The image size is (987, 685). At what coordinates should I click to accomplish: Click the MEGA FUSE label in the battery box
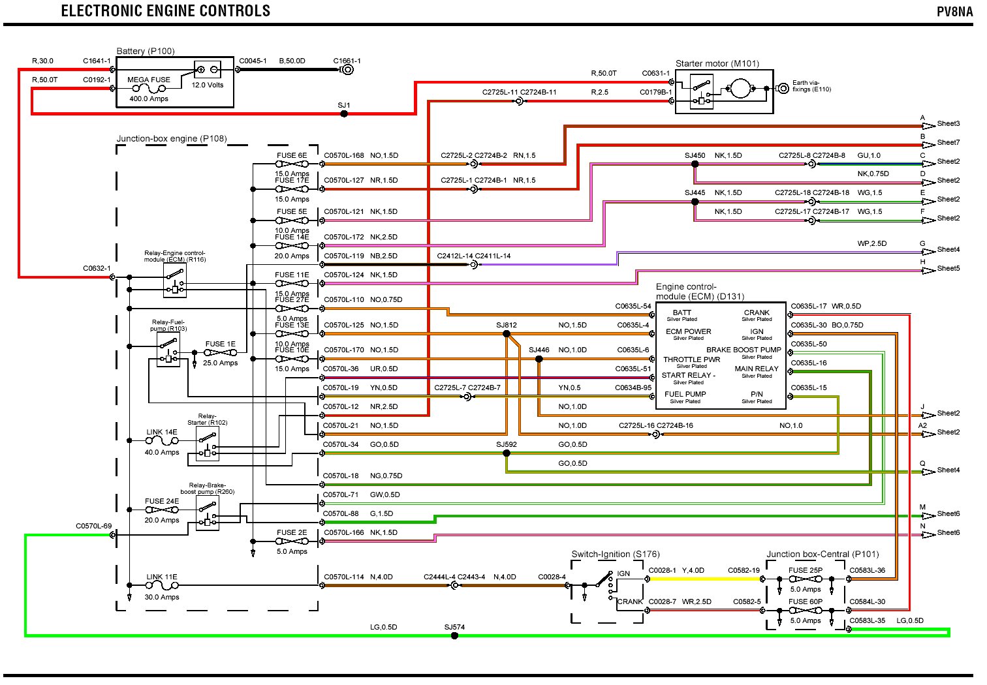[149, 80]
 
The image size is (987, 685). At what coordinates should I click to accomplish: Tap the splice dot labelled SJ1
[344, 114]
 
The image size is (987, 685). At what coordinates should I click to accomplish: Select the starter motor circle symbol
[740, 88]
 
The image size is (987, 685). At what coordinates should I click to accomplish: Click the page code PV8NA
[954, 12]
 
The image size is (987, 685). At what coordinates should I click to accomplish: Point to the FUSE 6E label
[291, 156]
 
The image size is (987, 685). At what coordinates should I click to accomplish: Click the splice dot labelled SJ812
[507, 334]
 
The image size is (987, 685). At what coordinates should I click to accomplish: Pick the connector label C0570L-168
[343, 156]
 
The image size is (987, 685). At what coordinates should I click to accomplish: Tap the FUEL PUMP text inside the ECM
[685, 394]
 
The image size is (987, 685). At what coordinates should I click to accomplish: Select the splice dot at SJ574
[455, 635]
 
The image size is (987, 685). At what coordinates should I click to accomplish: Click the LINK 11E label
[161, 577]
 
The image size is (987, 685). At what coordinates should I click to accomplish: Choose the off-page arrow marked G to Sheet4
[928, 252]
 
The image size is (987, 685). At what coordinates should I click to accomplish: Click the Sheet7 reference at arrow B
[948, 142]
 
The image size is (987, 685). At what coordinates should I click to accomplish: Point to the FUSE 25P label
[805, 570]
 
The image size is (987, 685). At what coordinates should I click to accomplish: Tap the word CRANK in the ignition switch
[630, 601]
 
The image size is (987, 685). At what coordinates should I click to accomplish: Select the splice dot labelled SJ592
[507, 453]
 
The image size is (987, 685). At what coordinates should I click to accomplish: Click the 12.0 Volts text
[208, 85]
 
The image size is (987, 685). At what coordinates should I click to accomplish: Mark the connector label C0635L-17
[808, 306]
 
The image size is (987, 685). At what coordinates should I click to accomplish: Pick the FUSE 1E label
[220, 344]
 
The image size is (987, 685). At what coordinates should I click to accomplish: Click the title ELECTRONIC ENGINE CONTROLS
[166, 11]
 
